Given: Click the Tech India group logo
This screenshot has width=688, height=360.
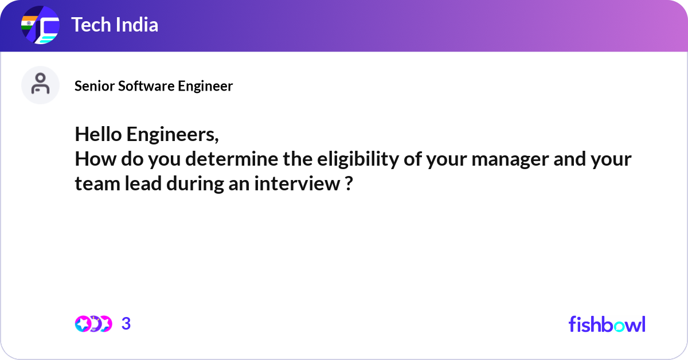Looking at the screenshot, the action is (x=40, y=25).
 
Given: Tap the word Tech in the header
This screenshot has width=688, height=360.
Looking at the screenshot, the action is (x=91, y=25).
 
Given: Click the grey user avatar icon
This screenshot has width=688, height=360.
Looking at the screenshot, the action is (x=40, y=85).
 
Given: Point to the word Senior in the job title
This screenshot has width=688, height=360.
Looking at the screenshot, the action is (x=95, y=86).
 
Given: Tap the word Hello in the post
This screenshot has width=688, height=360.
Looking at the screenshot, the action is (x=98, y=134).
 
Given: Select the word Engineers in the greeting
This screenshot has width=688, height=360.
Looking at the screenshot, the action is (x=173, y=135).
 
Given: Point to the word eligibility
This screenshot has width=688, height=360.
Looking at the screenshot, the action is (x=358, y=160).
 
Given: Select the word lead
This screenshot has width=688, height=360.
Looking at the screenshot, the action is (x=143, y=183).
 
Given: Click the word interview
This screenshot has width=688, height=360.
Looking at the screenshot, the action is (x=297, y=183).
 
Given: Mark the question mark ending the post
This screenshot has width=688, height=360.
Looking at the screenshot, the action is (x=349, y=183).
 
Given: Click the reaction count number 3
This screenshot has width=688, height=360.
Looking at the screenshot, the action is (x=126, y=324).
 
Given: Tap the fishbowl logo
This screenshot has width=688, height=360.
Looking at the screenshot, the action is (x=607, y=324).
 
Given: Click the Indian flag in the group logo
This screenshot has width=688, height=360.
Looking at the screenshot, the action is (x=29, y=23).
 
